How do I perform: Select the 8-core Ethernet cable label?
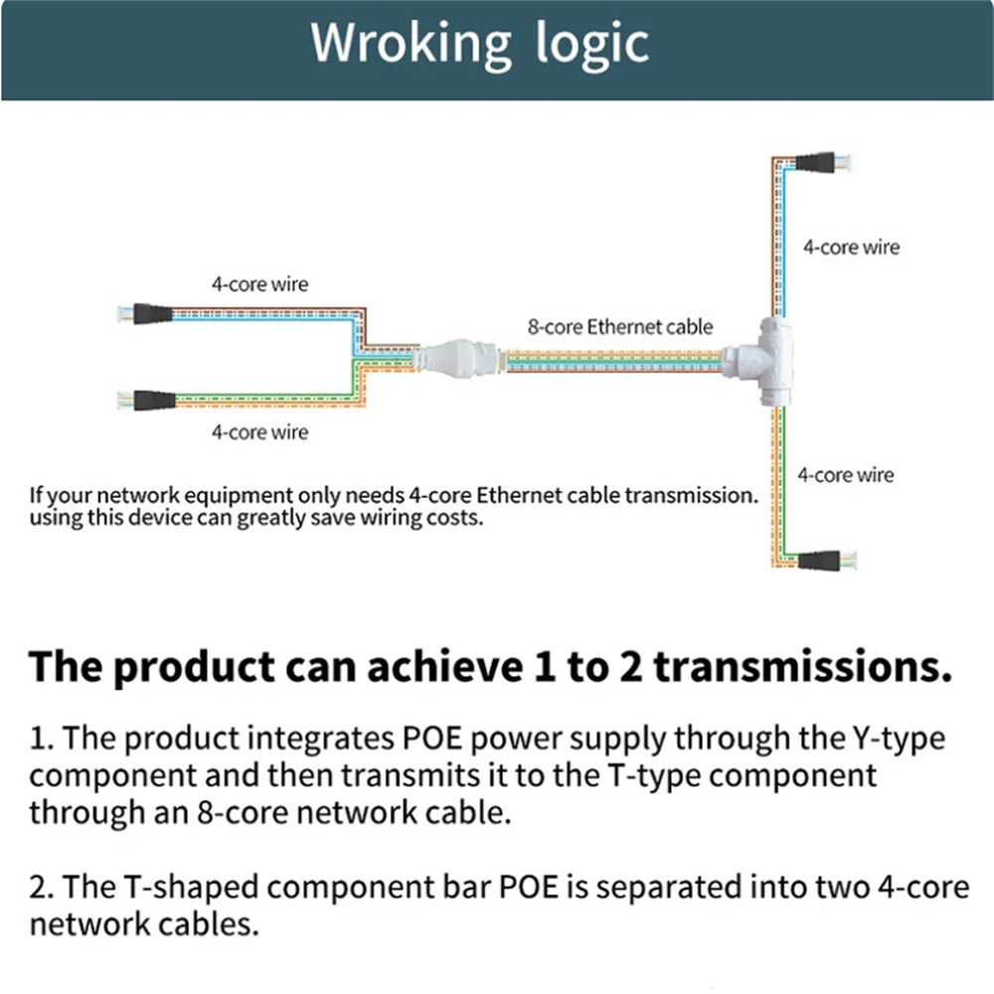[x=619, y=326]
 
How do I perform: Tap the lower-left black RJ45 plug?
[x=149, y=402]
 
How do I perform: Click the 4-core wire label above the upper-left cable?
[x=259, y=284]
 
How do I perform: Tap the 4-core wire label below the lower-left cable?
[x=259, y=432]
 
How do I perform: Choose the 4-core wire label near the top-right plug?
[x=851, y=248]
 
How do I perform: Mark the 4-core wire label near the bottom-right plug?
[x=845, y=475]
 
